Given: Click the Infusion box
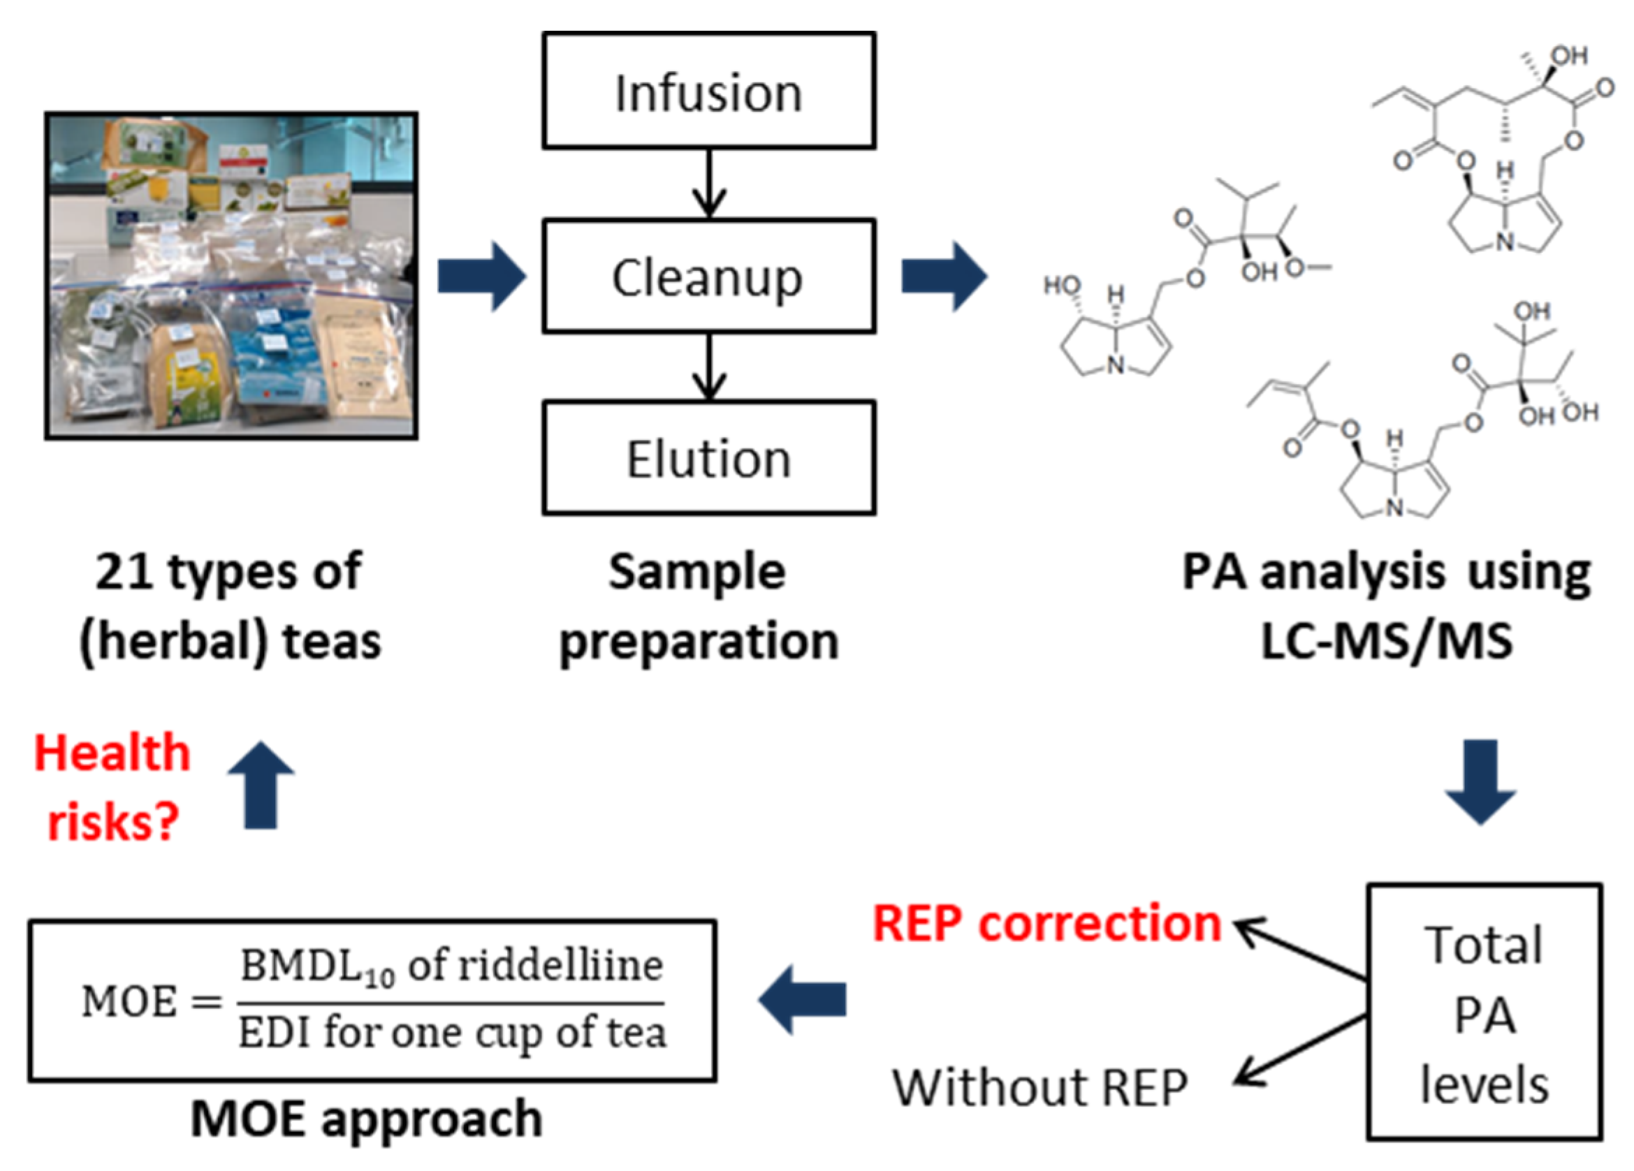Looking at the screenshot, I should click(709, 91).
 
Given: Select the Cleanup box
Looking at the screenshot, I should click(709, 277).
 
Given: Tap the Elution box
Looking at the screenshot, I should click(709, 458).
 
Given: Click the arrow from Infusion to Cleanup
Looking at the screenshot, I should click(709, 183).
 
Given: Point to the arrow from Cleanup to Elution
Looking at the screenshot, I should click(709, 367).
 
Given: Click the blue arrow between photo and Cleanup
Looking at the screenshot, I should click(481, 277).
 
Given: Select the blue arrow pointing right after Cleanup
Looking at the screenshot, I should click(944, 277).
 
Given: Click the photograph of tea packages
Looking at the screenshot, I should click(231, 276).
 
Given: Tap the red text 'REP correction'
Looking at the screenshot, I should click(1046, 923).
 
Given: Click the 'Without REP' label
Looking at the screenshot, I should click(1040, 1087).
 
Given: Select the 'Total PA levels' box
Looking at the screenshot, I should click(1484, 1012).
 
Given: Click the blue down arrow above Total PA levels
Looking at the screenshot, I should click(1480, 781).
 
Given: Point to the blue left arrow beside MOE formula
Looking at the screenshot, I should click(803, 1001).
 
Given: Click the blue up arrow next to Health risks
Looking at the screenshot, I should click(261, 785).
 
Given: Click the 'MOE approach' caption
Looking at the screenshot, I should click(367, 1120).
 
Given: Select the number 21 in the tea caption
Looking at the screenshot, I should click(123, 573).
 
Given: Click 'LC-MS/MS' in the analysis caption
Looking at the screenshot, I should click(1386, 641).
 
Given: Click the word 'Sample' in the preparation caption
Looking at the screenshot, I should click(696, 573).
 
